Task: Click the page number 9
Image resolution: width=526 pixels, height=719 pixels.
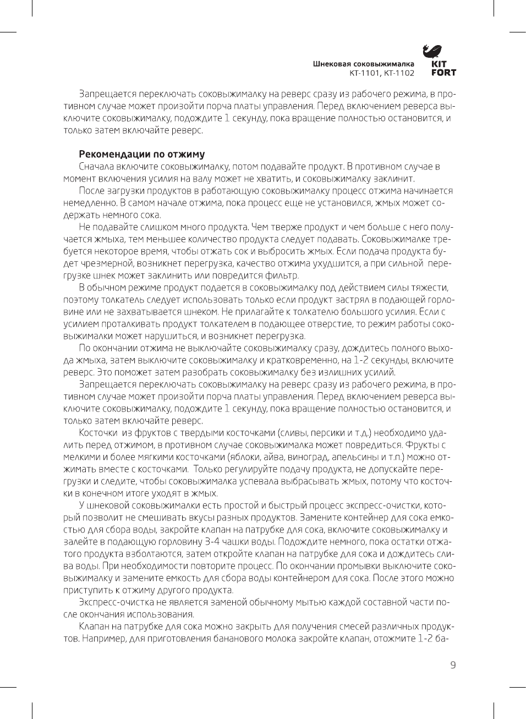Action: tap(453, 665)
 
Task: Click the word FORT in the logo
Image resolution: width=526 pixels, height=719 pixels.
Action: tap(443, 73)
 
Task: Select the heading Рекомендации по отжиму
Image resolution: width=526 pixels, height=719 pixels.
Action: tap(142, 155)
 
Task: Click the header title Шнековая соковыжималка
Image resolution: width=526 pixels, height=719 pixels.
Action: tap(364, 64)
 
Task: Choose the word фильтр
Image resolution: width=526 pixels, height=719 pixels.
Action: tap(282, 276)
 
